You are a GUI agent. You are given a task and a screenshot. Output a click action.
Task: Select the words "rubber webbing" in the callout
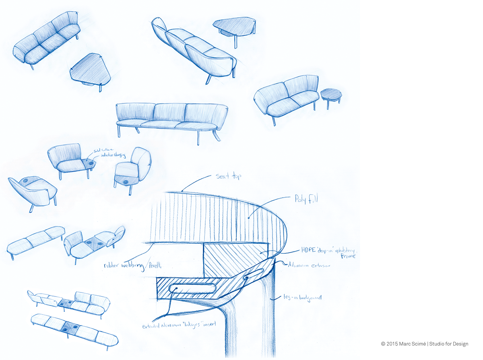click(119, 266)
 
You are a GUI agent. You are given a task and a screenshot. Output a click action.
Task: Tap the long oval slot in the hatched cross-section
click(192, 287)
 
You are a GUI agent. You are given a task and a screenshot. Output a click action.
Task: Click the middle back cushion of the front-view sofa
click(169, 112)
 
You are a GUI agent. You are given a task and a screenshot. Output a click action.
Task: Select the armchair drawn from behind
click(32, 191)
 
